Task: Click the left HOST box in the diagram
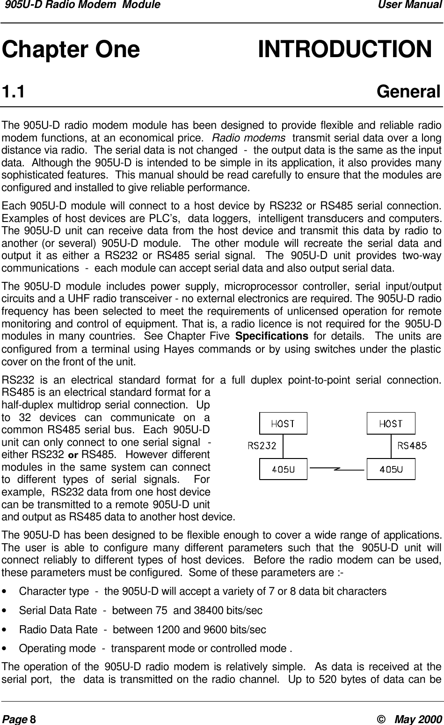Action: [284, 423]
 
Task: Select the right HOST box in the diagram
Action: [391, 423]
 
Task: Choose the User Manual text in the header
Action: [414, 6]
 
